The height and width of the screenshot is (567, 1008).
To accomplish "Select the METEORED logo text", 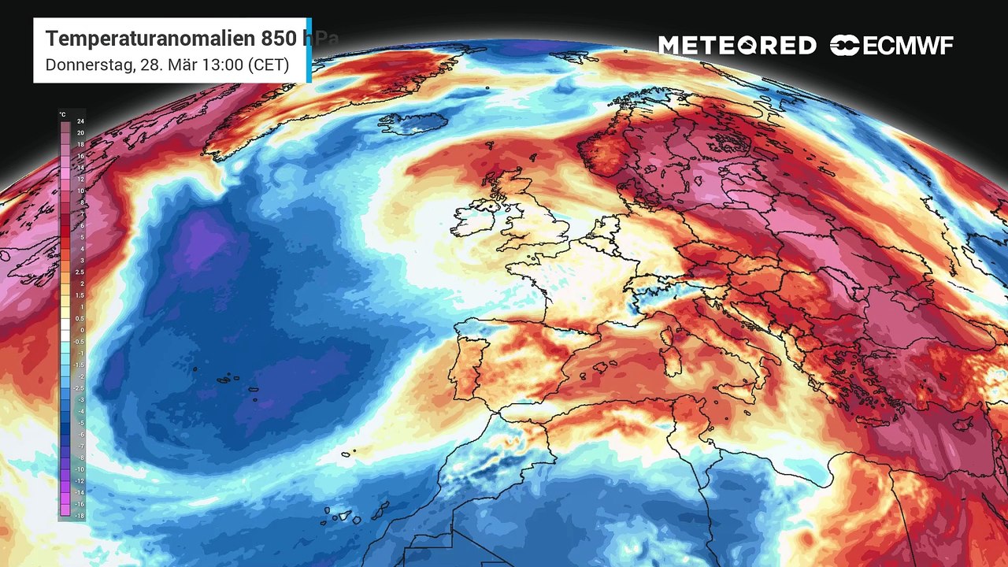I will tap(737, 46).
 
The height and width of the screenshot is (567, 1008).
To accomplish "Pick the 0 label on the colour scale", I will tap(80, 330).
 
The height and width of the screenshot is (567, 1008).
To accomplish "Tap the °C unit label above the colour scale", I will tap(63, 114).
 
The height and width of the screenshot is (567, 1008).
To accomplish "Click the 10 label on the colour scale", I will tap(80, 191).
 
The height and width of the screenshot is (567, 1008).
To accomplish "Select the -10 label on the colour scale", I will tap(80, 469).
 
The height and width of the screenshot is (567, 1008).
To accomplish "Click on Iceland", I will tap(406, 124).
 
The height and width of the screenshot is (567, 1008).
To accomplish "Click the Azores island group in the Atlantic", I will tap(236, 380).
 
